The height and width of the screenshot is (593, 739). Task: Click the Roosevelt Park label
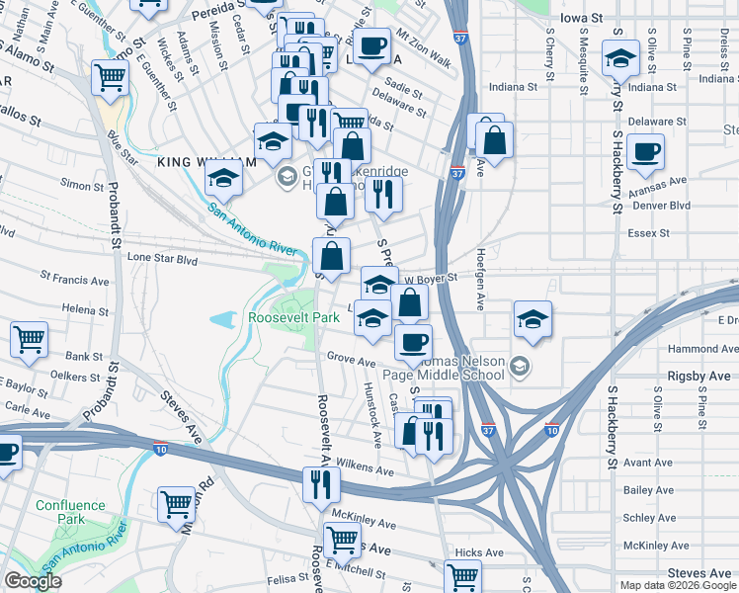(x=293, y=317)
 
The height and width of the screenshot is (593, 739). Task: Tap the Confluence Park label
(x=70, y=512)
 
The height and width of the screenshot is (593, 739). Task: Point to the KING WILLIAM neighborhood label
(x=199, y=160)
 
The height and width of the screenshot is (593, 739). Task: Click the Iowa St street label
(x=580, y=18)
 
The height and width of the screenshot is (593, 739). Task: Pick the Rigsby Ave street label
(x=698, y=376)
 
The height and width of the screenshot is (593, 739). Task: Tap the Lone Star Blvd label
(x=163, y=258)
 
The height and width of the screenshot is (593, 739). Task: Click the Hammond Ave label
(x=702, y=349)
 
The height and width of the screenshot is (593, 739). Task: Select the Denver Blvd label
(x=660, y=206)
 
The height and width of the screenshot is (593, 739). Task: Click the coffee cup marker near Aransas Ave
(x=645, y=151)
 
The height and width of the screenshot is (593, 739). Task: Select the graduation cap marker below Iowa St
(x=619, y=59)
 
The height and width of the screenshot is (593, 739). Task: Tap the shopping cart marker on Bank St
(x=30, y=338)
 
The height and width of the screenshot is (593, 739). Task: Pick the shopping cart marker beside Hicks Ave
(x=461, y=574)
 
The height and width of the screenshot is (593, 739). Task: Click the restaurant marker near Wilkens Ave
(x=321, y=483)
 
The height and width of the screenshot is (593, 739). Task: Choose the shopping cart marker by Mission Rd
(x=176, y=502)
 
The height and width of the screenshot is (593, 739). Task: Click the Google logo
(x=33, y=581)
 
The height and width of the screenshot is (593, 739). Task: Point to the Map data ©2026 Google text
(x=677, y=585)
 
